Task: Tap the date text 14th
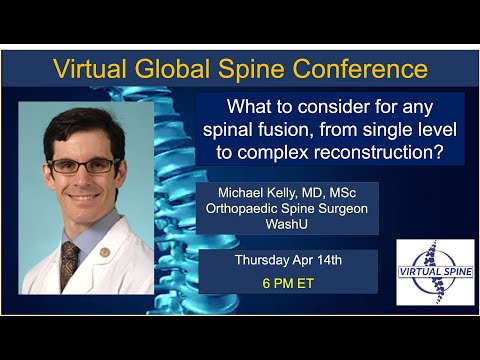tap(326, 260)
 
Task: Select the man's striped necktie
tap(69, 266)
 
